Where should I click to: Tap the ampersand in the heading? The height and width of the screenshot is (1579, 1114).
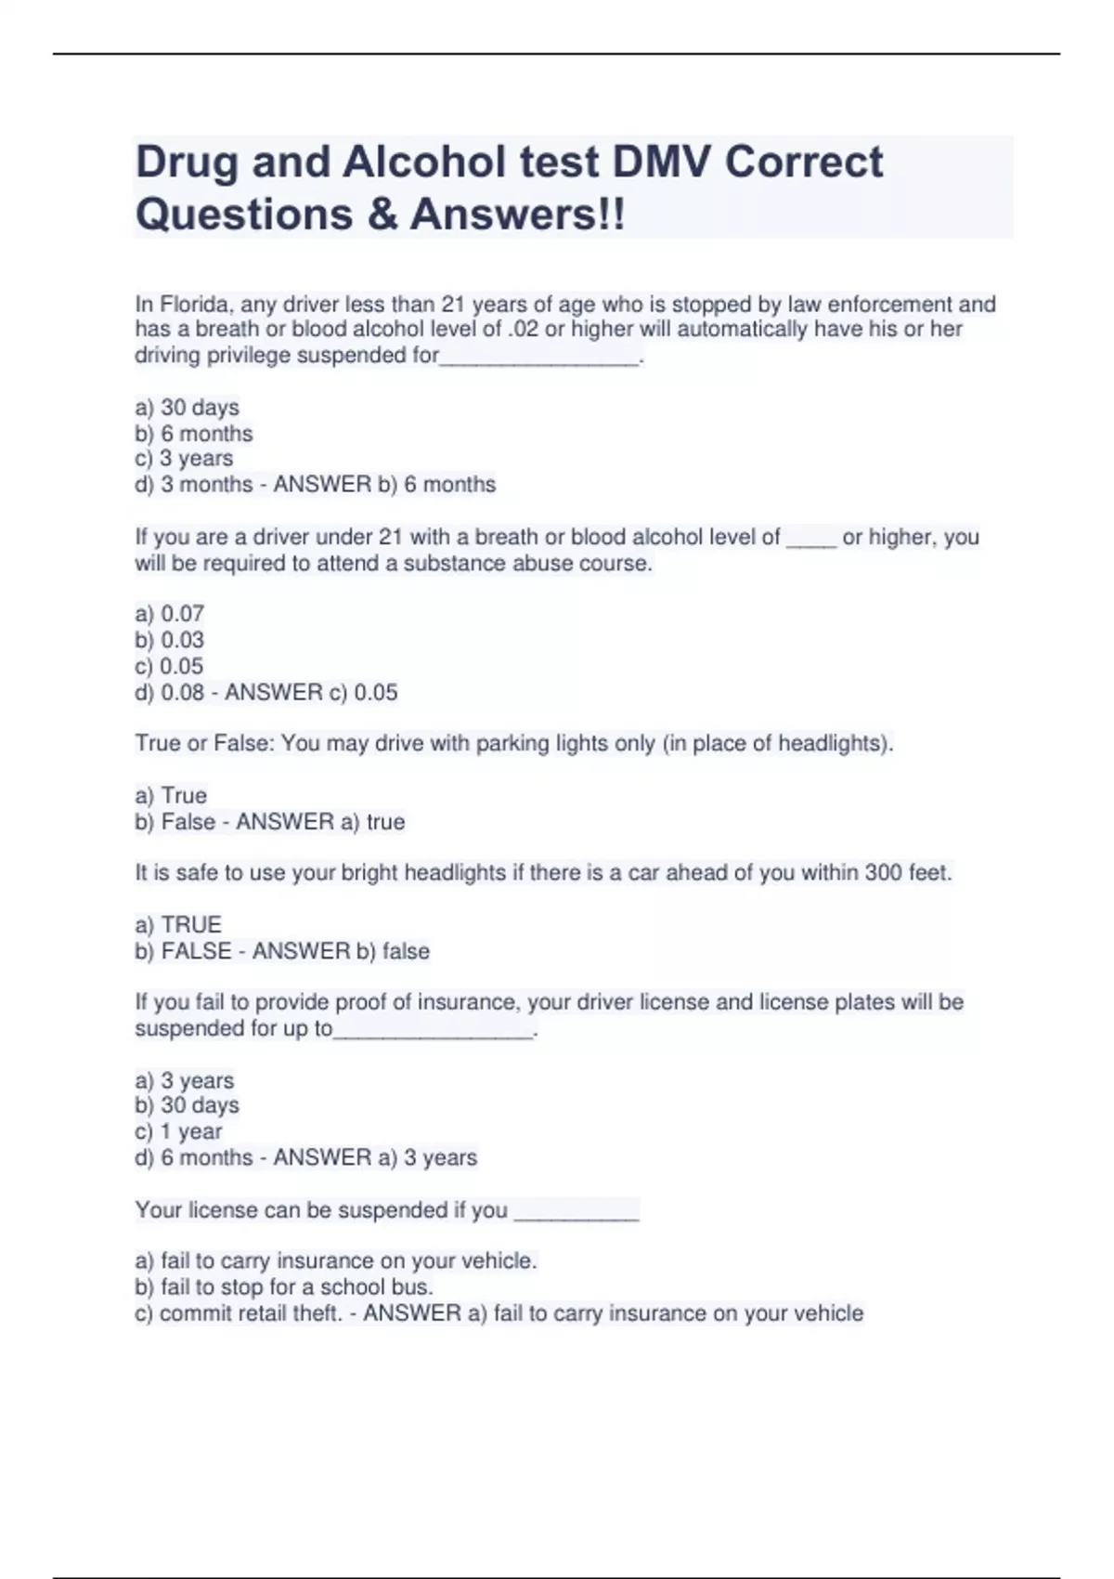[382, 215]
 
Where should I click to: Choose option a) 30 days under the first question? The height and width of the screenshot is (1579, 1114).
[188, 408]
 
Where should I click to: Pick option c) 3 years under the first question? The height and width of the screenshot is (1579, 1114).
[184, 459]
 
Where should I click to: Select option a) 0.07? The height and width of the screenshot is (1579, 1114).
[170, 614]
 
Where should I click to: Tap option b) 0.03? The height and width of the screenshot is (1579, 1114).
[170, 640]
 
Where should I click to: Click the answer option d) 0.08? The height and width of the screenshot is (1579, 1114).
[170, 692]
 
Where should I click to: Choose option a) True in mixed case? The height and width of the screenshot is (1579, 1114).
[172, 796]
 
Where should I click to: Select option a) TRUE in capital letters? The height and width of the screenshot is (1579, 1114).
[178, 925]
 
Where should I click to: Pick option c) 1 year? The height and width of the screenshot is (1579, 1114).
[179, 1131]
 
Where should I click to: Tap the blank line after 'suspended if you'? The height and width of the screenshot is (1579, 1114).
[576, 1212]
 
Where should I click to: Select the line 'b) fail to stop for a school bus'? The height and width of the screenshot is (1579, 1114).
[284, 1287]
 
